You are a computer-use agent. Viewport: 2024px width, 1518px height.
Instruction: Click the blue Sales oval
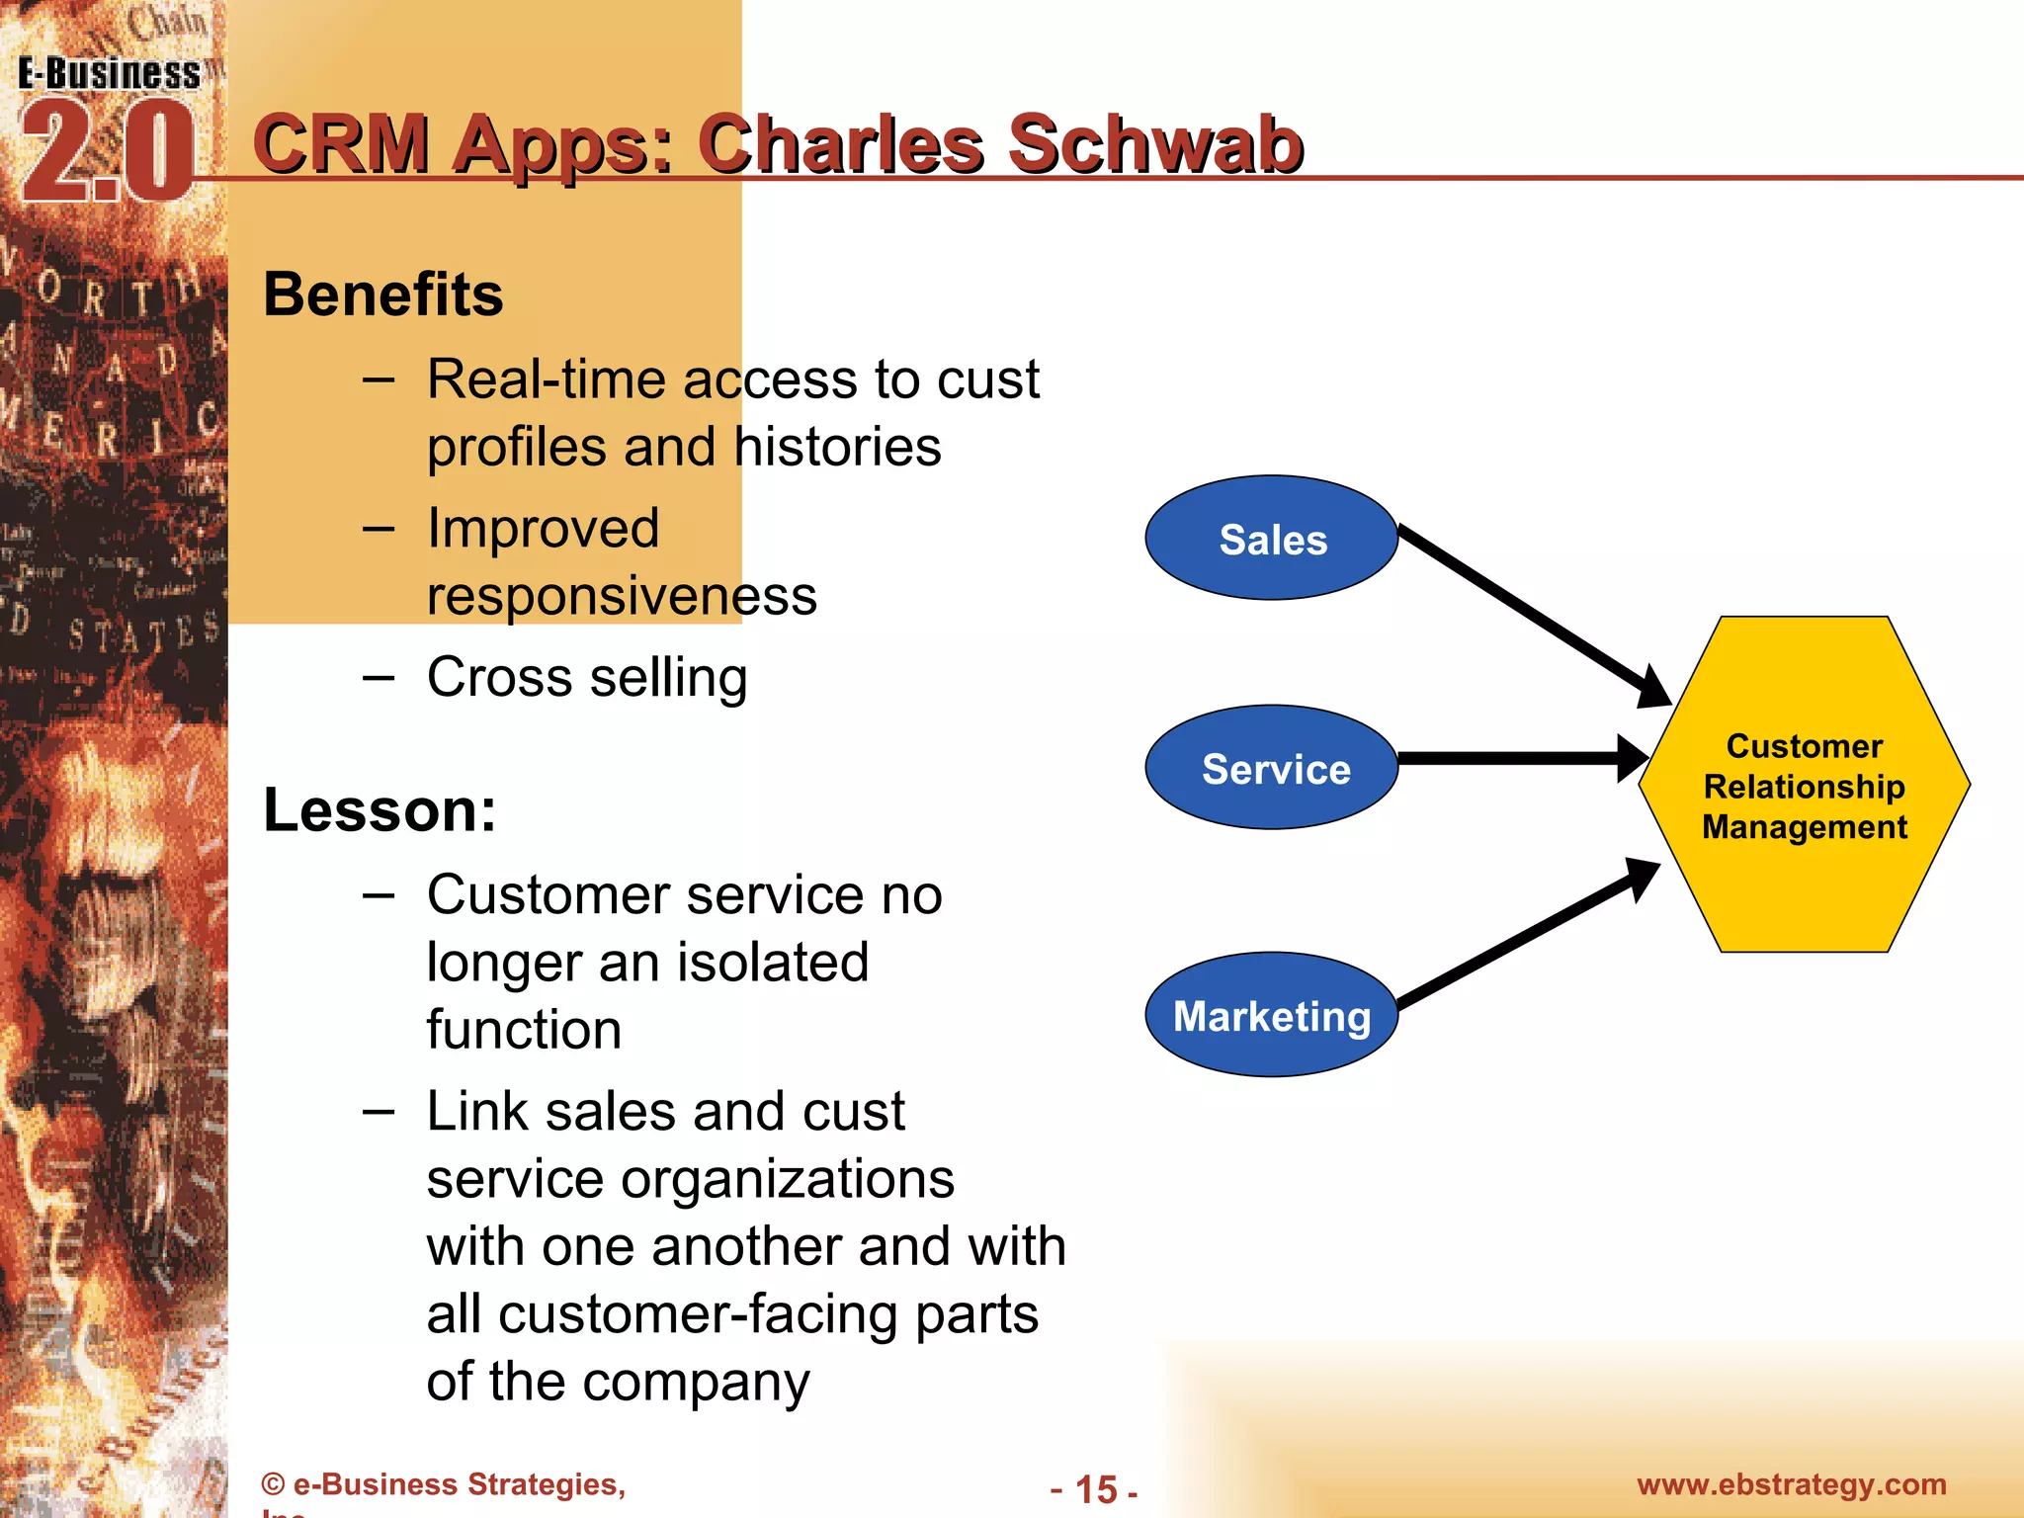[x=1272, y=539]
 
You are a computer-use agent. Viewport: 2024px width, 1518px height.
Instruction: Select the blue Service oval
[x=1272, y=768]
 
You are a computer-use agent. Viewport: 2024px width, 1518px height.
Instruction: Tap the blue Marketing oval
[x=1272, y=1015]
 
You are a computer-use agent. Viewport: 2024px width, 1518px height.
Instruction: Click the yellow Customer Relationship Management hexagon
[x=1805, y=785]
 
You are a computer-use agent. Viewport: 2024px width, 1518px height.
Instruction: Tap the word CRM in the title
[x=342, y=144]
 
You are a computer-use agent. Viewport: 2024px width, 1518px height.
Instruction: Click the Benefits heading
[x=383, y=295]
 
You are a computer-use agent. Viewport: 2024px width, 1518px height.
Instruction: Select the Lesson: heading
[x=379, y=810]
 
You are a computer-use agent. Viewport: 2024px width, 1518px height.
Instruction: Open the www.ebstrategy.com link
[x=1791, y=1484]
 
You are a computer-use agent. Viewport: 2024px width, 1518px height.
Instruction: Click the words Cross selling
[x=587, y=678]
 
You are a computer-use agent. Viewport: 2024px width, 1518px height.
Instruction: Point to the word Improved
[x=543, y=528]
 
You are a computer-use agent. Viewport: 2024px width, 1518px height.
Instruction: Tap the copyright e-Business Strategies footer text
[x=444, y=1484]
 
